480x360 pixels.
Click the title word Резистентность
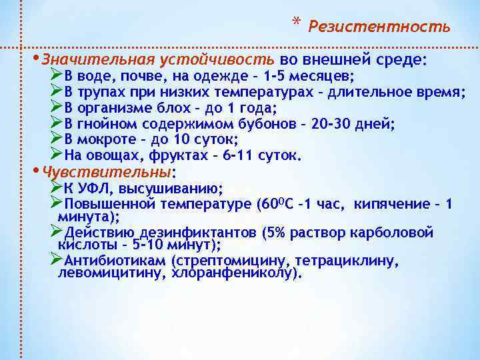[379, 27]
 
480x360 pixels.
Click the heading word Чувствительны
[106, 172]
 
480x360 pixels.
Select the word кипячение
[391, 203]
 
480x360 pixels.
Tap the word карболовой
[394, 233]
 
